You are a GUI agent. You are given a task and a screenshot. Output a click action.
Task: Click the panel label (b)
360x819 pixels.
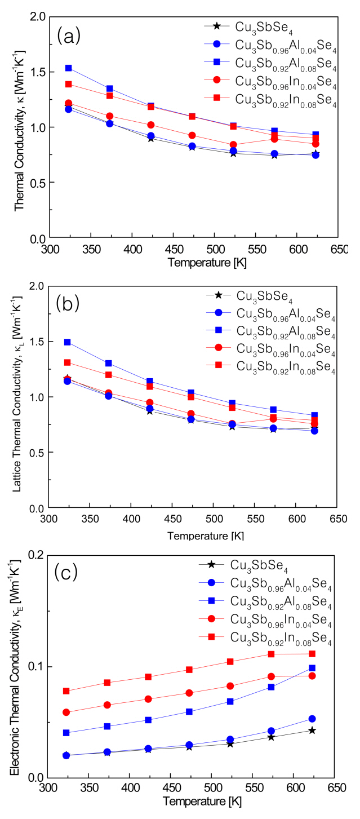tap(68, 304)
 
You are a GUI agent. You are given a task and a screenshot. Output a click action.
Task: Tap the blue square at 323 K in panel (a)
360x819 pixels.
tap(69, 68)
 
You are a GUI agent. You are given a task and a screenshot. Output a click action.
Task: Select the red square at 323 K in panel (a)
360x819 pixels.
tap(69, 85)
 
